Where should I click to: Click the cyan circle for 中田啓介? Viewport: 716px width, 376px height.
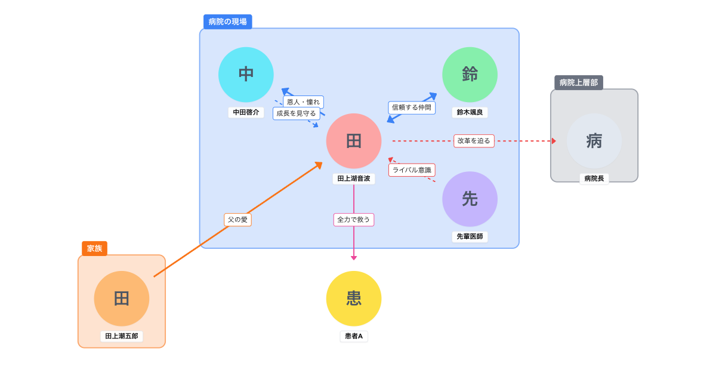pyautogui.click(x=246, y=75)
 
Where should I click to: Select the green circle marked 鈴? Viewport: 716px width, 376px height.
pyautogui.click(x=470, y=75)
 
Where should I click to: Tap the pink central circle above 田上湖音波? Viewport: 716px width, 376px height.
pyautogui.click(x=354, y=141)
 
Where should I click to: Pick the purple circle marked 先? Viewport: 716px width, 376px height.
pyautogui.click(x=470, y=199)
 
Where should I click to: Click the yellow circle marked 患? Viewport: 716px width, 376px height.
pyautogui.click(x=354, y=298)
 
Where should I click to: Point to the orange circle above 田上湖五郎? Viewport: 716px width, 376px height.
pyautogui.click(x=122, y=298)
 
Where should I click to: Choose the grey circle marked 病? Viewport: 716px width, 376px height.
pyautogui.click(x=594, y=141)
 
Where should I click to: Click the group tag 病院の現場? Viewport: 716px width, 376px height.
pyautogui.click(x=227, y=21)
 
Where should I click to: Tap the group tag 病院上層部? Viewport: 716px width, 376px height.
pyautogui.click(x=578, y=82)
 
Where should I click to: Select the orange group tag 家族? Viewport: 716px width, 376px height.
pyautogui.click(x=94, y=248)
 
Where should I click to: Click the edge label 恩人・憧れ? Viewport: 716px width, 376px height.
pyautogui.click(x=303, y=102)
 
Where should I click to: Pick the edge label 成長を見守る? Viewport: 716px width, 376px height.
pyautogui.click(x=296, y=113)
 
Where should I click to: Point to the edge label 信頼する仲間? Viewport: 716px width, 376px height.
pyautogui.click(x=412, y=107)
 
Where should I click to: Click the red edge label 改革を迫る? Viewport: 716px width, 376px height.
pyautogui.click(x=474, y=141)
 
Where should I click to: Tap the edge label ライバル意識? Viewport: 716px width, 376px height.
pyautogui.click(x=412, y=170)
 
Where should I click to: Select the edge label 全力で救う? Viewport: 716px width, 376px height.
pyautogui.click(x=354, y=220)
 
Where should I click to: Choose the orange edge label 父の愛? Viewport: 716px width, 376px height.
pyautogui.click(x=237, y=220)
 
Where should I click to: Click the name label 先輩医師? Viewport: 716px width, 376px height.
pyautogui.click(x=470, y=236)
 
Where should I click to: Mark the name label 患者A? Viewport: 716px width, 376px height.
pyautogui.click(x=354, y=336)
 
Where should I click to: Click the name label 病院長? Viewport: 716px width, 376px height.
pyautogui.click(x=594, y=178)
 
